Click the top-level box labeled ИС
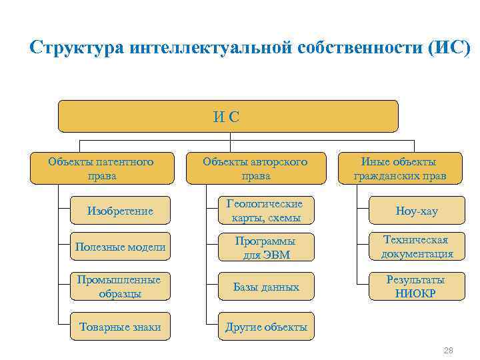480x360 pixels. pyautogui.click(x=228, y=117)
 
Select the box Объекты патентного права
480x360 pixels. pyautogui.click(x=101, y=169)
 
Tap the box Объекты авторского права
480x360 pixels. pyautogui.click(x=255, y=169)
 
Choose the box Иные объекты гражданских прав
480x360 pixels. pyautogui.click(x=399, y=169)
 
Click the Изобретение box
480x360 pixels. pyautogui.click(x=120, y=211)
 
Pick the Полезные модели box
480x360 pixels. pyautogui.click(x=120, y=247)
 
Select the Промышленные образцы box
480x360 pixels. pyautogui.click(x=120, y=287)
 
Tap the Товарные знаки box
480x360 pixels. pyautogui.click(x=120, y=327)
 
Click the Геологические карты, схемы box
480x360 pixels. pyautogui.click(x=265, y=211)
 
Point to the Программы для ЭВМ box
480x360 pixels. pyautogui.click(x=265, y=247)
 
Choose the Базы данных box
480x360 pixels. pyautogui.click(x=265, y=287)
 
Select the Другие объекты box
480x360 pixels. pyautogui.click(x=265, y=327)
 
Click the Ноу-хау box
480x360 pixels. pyautogui.click(x=417, y=211)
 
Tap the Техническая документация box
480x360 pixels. pyautogui.click(x=417, y=247)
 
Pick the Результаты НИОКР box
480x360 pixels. pyautogui.click(x=417, y=287)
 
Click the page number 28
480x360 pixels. pyautogui.click(x=448, y=350)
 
